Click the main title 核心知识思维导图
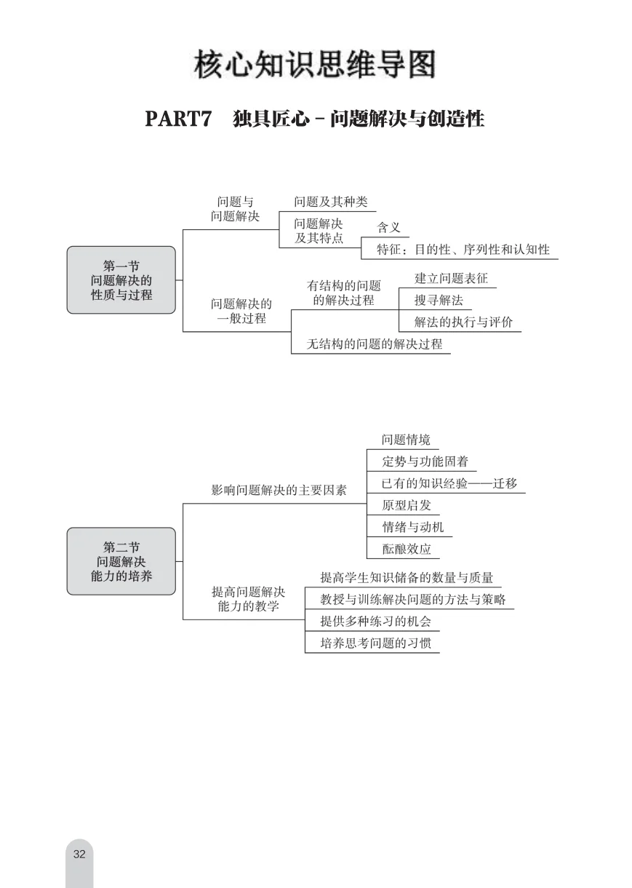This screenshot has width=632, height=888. coord(315,65)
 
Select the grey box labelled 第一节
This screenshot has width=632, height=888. coord(121,280)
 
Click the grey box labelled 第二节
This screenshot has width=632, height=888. coord(121,561)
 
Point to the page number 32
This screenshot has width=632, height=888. coord(79,854)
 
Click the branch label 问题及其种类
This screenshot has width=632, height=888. coord(330,202)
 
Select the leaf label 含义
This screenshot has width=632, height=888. coord(388,227)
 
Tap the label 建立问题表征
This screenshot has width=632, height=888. coord(451,278)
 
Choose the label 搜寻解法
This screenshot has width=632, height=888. coord(439,300)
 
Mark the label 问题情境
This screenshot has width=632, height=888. coord(406,440)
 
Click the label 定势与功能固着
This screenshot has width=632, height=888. coord(425,461)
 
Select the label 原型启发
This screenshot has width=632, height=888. coord(406,505)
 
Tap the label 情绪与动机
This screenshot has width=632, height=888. coord(412,527)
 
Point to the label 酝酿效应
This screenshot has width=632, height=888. coord(406,549)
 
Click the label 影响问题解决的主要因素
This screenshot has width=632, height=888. coord(279,490)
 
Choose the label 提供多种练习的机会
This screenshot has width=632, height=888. coord(375,622)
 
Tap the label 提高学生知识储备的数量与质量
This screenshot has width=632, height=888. coord(407,578)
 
